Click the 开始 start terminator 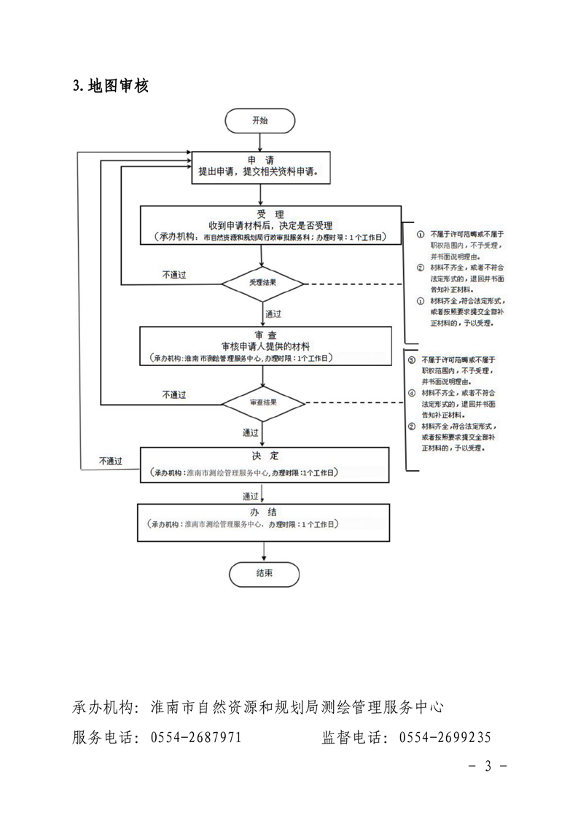click(260, 121)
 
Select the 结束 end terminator click(264, 573)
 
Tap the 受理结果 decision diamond click(262, 283)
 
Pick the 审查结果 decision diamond click(262, 402)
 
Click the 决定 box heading click(265, 456)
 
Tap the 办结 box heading click(265, 512)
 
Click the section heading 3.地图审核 click(111, 86)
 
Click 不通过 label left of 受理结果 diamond click(174, 275)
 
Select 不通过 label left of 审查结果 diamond click(174, 394)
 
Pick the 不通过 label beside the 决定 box click(111, 461)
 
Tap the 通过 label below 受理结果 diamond click(273, 313)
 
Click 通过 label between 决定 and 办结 click(251, 495)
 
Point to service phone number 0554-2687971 click(195, 737)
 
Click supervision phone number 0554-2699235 click(445, 737)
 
